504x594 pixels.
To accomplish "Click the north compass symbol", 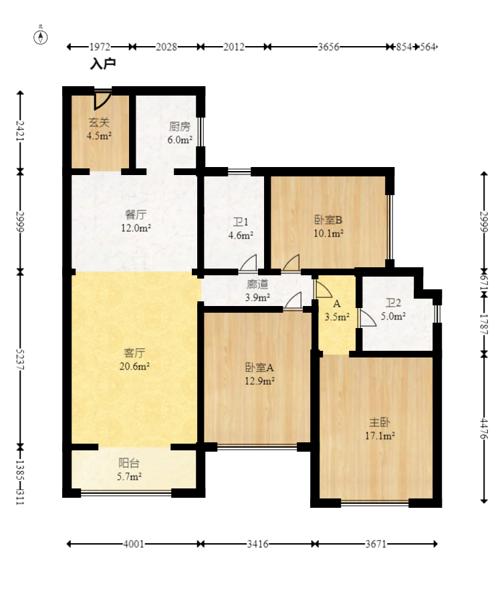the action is (x=41, y=37).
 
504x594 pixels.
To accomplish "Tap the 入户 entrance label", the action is (x=103, y=63).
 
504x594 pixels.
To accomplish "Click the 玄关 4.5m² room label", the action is (x=99, y=129).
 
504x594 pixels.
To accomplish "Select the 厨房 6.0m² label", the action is (x=180, y=133).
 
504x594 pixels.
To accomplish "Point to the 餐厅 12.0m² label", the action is (x=136, y=221).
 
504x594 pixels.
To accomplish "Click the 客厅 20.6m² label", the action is (x=134, y=359).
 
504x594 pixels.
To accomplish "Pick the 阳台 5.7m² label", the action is (x=129, y=470).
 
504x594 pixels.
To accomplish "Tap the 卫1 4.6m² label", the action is (x=240, y=229).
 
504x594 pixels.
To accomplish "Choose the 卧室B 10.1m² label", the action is (x=328, y=227).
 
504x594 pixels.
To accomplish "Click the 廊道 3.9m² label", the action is (x=257, y=291).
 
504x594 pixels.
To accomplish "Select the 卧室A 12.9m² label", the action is (x=259, y=374).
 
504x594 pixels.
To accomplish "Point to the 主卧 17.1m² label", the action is (x=380, y=429).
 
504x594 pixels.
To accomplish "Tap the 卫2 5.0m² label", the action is (x=393, y=309).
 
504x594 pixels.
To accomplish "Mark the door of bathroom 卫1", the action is (x=248, y=264).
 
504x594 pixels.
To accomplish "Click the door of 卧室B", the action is (x=291, y=264).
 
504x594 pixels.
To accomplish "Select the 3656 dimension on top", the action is (x=328, y=47).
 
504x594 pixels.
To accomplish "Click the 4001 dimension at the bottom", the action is (x=134, y=544).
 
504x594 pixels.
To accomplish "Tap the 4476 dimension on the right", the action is (x=484, y=428).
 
